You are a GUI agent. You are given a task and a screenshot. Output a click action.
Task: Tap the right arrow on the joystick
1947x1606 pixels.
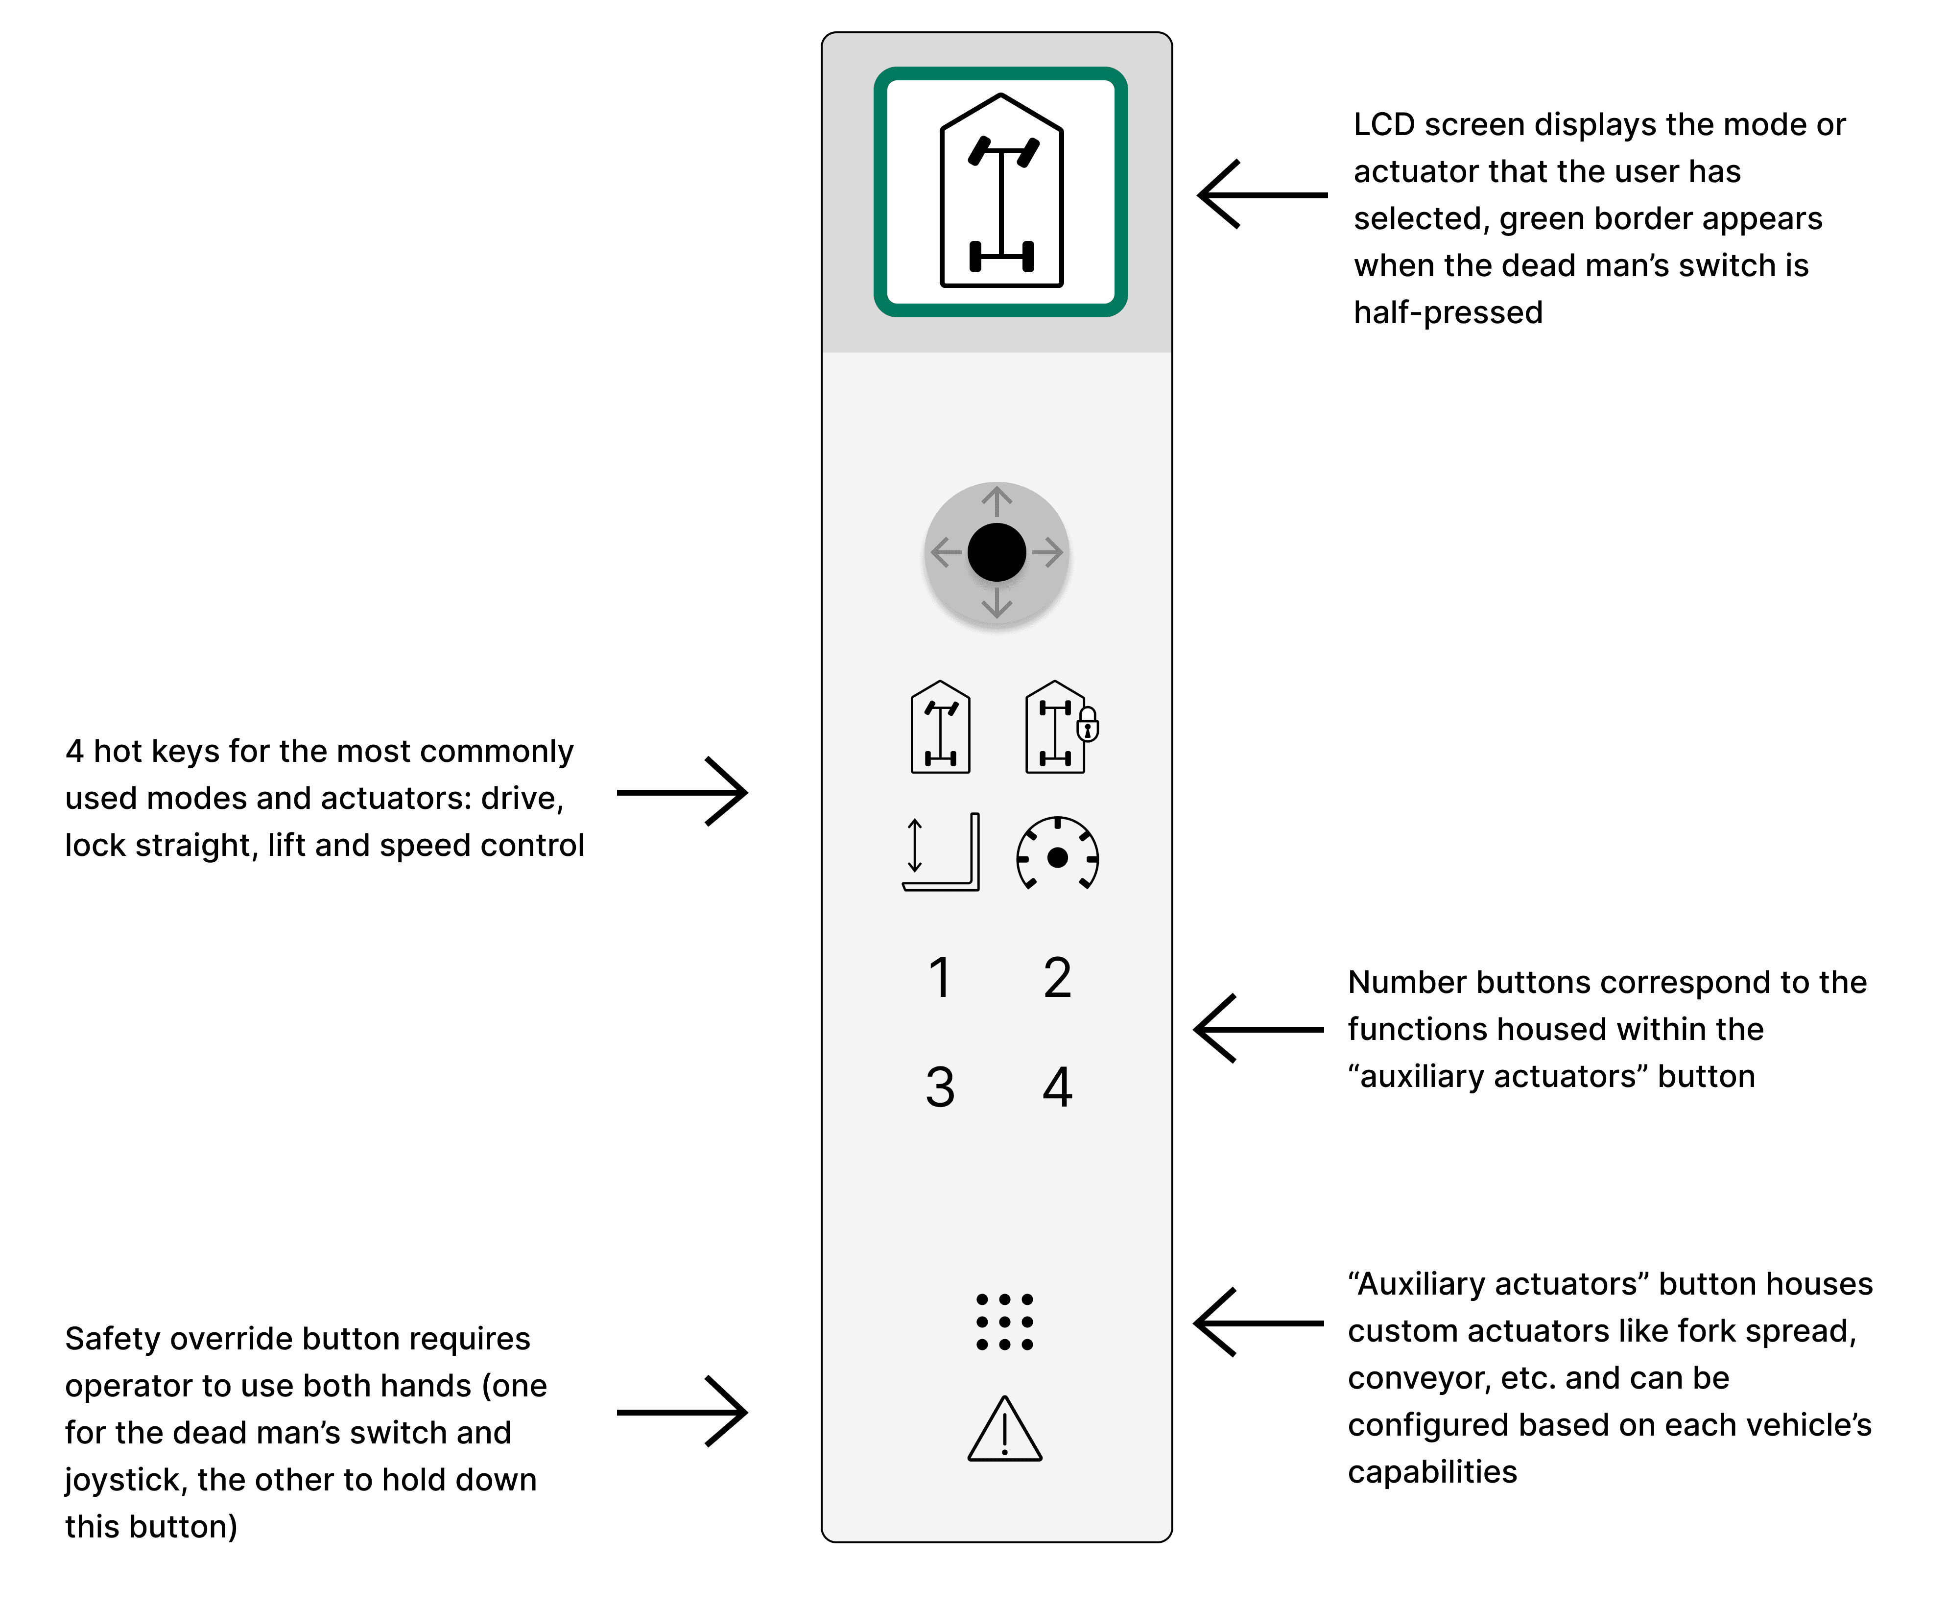1047,552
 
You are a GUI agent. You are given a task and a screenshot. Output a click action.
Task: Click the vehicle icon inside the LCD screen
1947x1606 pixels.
1001,189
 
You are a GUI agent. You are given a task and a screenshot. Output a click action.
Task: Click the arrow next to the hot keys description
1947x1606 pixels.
682,792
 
